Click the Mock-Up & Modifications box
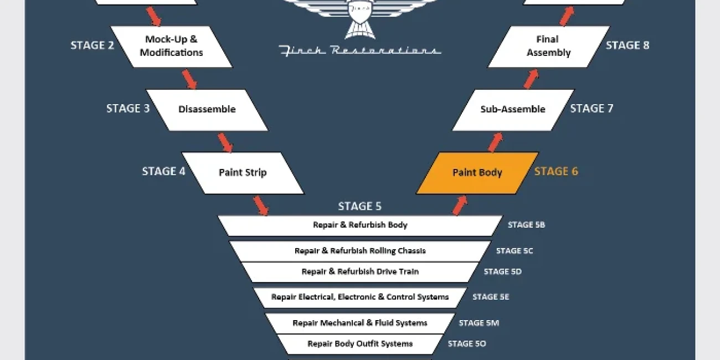[171, 47]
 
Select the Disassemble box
[207, 110]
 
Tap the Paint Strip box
[243, 173]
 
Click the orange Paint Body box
[477, 173]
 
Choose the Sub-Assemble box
[513, 110]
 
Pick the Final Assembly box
[549, 47]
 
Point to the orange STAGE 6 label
[556, 171]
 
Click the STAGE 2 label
[92, 45]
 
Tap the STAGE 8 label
[628, 45]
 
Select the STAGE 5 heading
[359, 206]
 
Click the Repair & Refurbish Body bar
[360, 225]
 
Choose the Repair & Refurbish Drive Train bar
[360, 272]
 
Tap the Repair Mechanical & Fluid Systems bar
[360, 323]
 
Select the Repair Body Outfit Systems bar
[360, 344]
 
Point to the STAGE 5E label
[491, 297]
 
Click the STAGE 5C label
[515, 251]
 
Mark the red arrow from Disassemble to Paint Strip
[225, 143]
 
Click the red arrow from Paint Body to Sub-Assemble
[495, 142]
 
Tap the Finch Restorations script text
[360, 51]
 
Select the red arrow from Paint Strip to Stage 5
[261, 205]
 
